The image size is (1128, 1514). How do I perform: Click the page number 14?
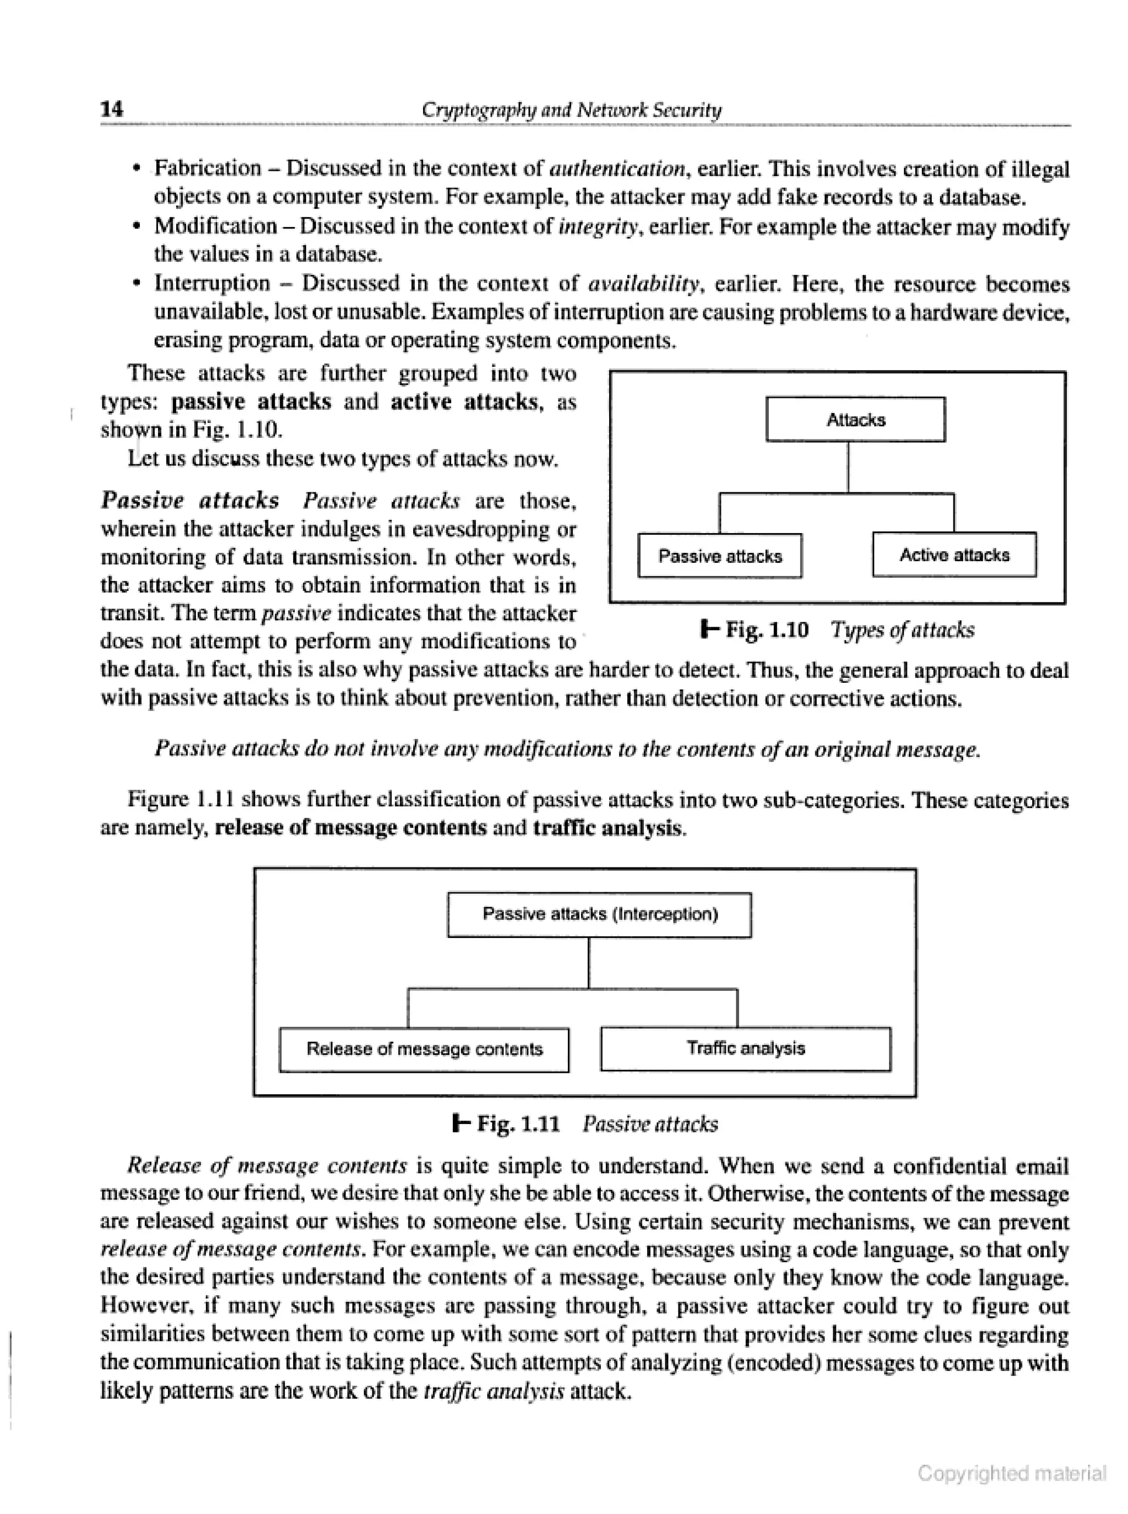click(112, 108)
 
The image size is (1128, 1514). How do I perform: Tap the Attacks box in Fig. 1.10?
click(855, 419)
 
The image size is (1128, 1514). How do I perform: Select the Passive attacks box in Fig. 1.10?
click(720, 556)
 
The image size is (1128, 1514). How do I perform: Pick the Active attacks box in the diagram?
click(954, 554)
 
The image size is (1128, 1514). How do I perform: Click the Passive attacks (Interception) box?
click(599, 914)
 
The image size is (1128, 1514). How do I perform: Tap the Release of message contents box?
click(424, 1049)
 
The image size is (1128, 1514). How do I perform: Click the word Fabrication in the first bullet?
click(208, 168)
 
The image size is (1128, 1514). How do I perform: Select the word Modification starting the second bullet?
click(216, 225)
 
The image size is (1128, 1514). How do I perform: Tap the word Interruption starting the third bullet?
click(213, 283)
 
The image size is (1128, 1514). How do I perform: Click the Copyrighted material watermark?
click(1011, 1473)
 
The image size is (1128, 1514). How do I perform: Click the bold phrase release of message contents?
click(351, 828)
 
